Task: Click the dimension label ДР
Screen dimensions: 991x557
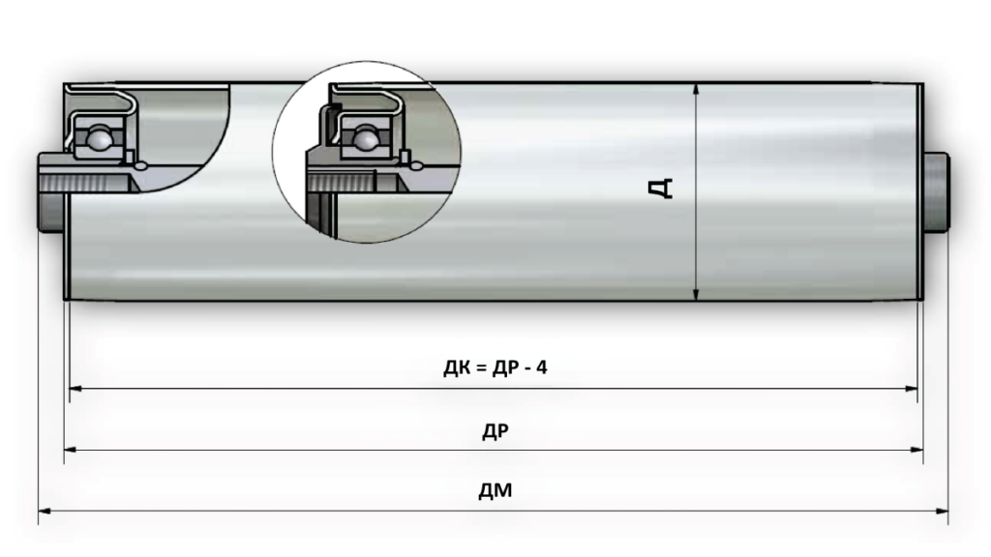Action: point(495,431)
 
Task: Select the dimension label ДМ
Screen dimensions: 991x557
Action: point(495,490)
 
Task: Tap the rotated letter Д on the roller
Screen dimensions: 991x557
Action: point(662,188)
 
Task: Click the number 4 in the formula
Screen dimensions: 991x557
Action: point(542,366)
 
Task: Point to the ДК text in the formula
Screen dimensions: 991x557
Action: point(457,367)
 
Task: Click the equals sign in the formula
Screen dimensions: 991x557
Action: point(480,367)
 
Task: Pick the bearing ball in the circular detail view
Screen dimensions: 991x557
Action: point(365,137)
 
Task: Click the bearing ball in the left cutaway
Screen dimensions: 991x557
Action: point(99,137)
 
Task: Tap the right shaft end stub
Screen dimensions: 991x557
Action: point(937,192)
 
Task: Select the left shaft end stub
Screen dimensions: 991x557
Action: point(50,192)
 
